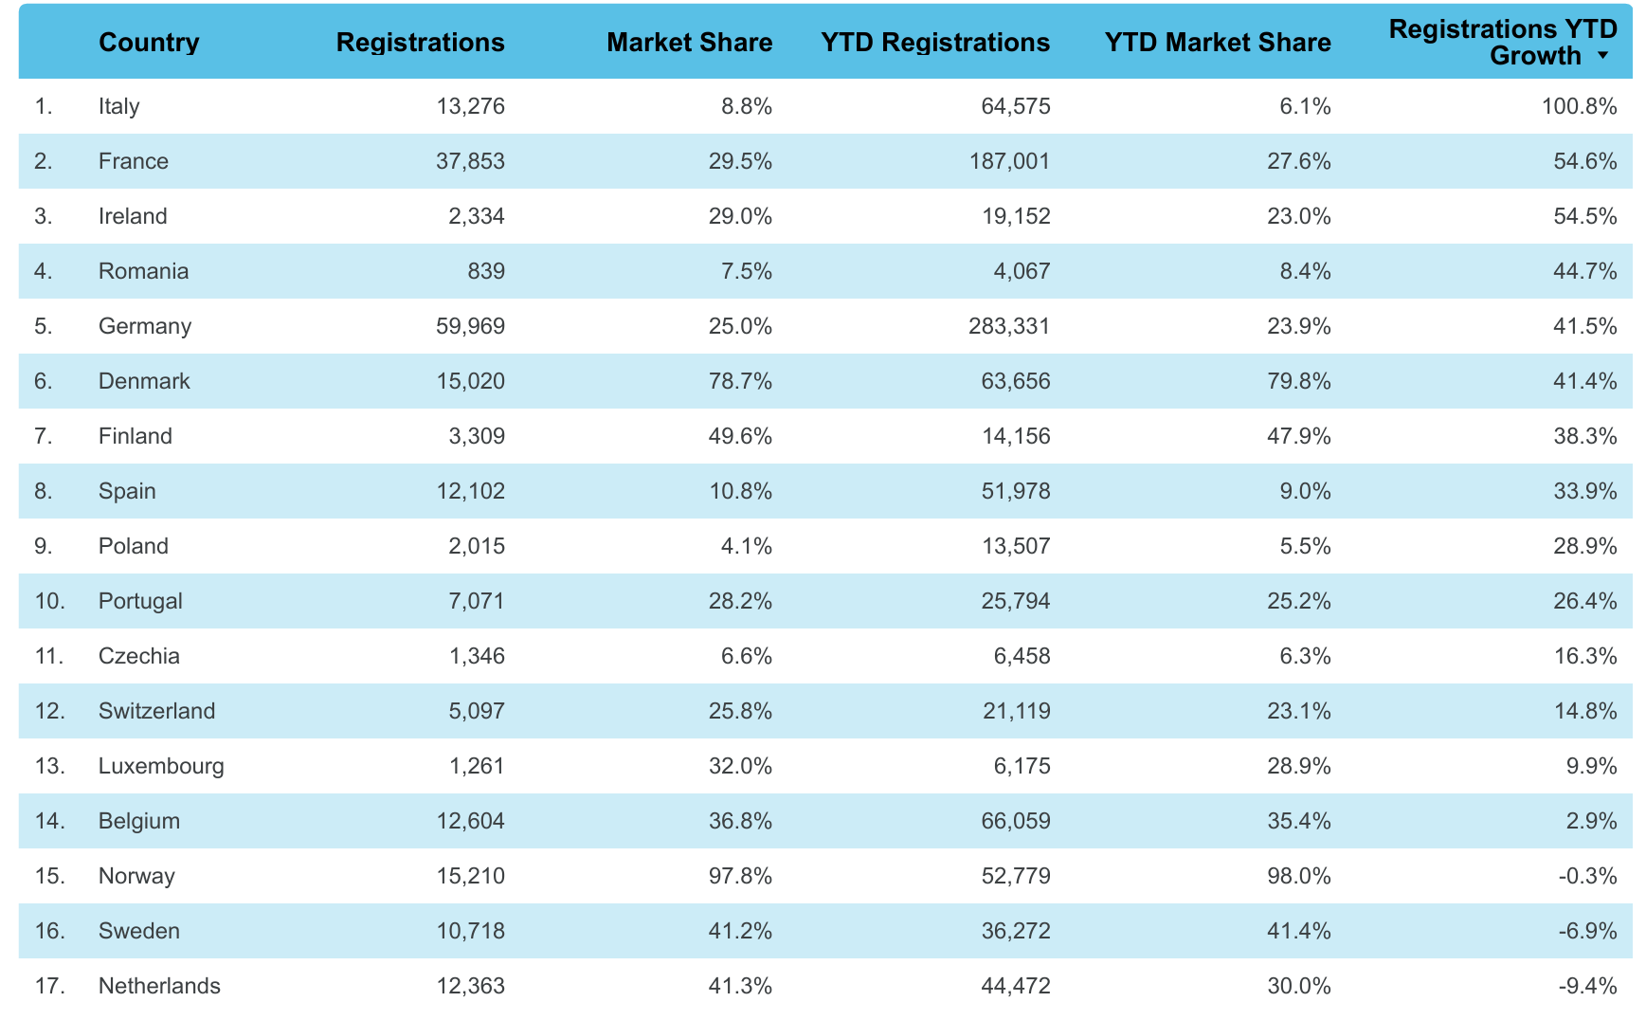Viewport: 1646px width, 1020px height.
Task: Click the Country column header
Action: (x=149, y=43)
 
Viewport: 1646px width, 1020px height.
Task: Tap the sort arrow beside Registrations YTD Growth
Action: (x=1602, y=56)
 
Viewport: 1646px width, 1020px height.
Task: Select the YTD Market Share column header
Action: (x=1218, y=43)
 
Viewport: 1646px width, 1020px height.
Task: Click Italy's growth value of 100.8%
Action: (x=1580, y=106)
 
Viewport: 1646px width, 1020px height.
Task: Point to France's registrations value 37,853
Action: (x=470, y=161)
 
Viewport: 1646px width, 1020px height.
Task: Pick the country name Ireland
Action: (x=133, y=216)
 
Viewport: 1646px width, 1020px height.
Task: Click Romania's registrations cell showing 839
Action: (x=487, y=271)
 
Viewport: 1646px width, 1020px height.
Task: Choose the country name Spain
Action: (x=127, y=491)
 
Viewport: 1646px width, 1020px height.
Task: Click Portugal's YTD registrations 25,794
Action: (x=1016, y=601)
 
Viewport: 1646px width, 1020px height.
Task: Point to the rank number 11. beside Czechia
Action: (x=49, y=656)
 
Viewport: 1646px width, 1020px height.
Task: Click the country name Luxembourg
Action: (x=161, y=766)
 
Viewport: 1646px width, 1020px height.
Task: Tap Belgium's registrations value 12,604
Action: (x=470, y=821)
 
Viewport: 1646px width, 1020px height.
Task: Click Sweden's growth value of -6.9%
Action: (x=1588, y=931)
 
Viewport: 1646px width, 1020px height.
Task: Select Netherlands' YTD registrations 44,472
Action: (x=1016, y=986)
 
